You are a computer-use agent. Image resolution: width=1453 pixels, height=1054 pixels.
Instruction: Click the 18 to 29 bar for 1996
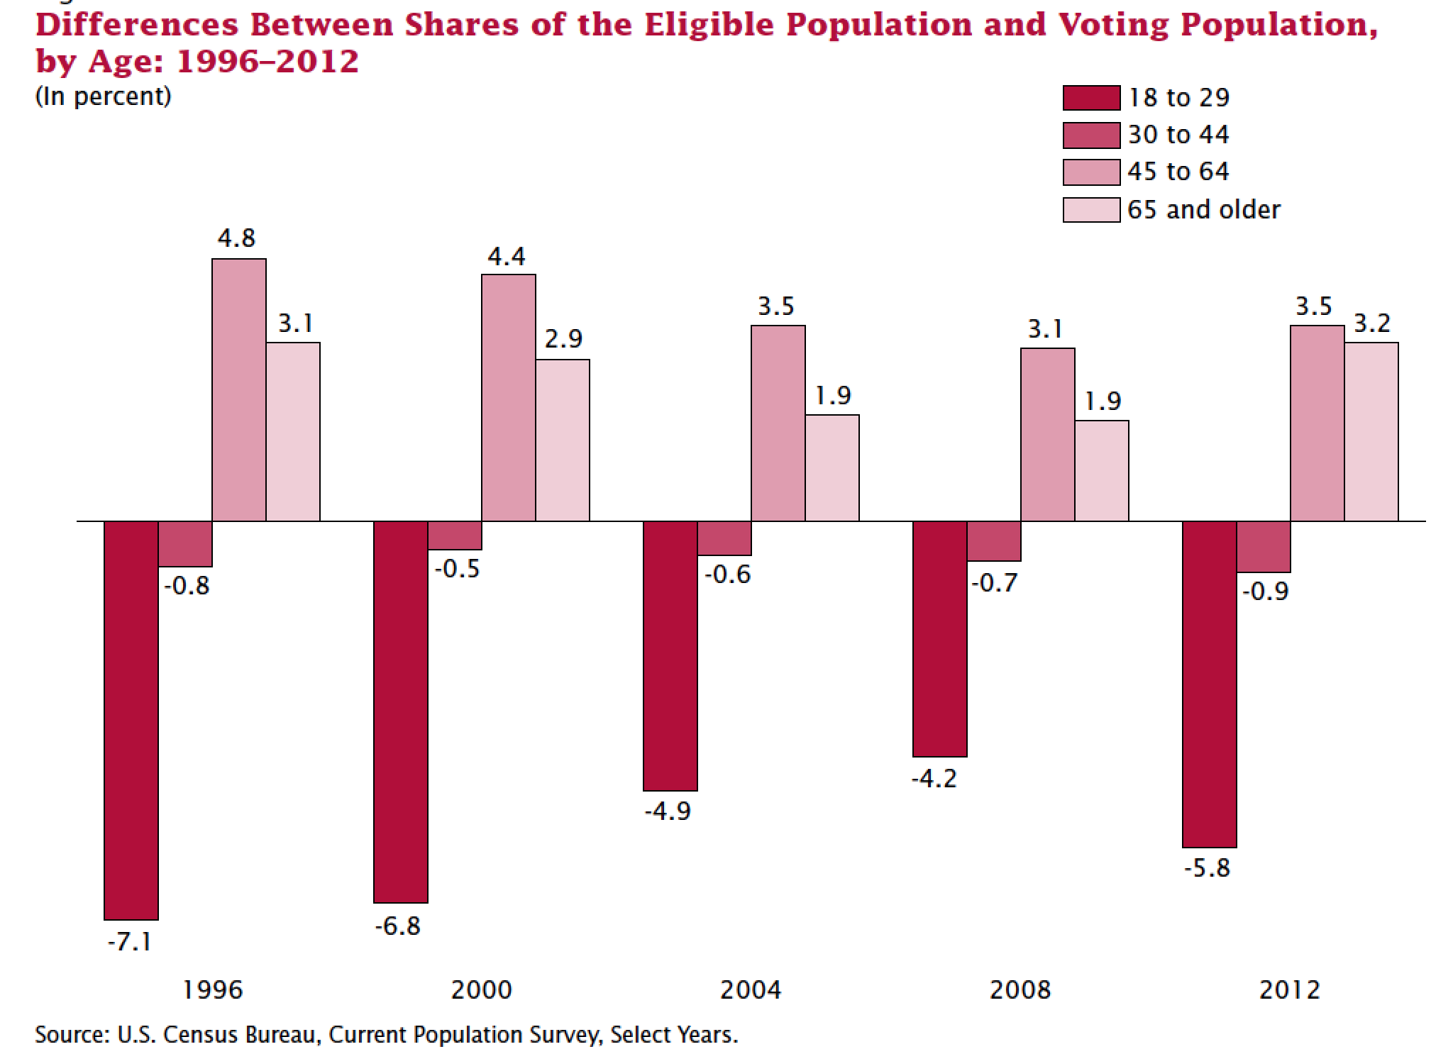pos(131,720)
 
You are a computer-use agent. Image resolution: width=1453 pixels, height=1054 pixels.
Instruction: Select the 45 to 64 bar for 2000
pos(509,398)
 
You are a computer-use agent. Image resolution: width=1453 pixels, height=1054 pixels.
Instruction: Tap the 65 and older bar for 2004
pos(832,468)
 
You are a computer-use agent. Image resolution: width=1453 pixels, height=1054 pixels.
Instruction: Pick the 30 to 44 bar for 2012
pos(1264,547)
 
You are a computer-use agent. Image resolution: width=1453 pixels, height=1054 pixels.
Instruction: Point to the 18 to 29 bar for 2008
pos(940,639)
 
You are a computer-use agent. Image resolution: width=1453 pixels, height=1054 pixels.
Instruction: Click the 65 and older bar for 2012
pos(1371,432)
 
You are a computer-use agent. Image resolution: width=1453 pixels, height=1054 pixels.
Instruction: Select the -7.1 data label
pos(129,943)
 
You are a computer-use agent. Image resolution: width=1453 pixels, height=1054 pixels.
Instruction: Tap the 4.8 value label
pos(236,238)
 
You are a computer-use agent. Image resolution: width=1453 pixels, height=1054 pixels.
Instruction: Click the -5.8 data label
pos(1207,867)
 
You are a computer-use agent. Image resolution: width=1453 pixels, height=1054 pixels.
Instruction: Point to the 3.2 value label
pos(1371,323)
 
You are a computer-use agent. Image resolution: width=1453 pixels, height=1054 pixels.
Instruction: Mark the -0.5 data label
pos(456,569)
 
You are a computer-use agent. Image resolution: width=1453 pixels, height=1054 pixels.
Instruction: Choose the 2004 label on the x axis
pos(751,989)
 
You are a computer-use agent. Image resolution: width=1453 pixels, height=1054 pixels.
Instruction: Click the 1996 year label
pos(213,989)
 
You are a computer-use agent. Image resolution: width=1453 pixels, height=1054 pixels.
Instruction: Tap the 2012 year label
pos(1290,989)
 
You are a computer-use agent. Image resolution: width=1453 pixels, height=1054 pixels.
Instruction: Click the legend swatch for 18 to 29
pos(1091,98)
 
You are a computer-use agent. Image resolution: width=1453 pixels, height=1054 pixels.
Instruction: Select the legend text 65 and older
pos(1203,210)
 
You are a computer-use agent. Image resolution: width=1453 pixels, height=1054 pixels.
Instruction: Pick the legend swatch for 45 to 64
pos(1091,172)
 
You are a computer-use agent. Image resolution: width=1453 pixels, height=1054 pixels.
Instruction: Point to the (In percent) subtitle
pos(103,96)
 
